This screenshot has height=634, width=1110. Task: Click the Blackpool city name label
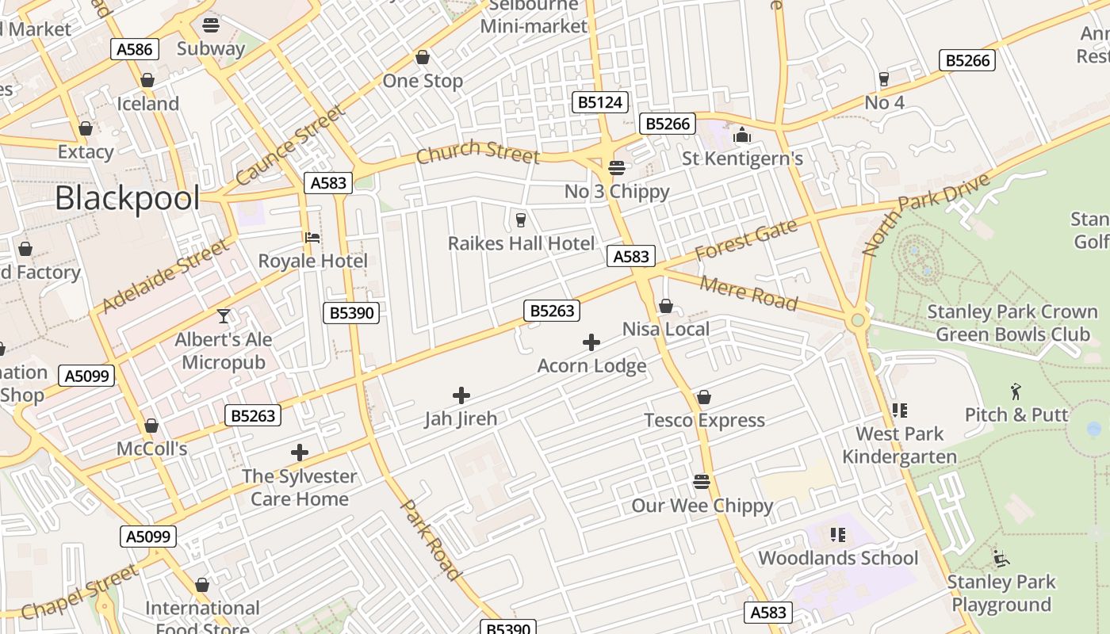click(x=127, y=197)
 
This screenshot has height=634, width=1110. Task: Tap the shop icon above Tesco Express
click(x=703, y=397)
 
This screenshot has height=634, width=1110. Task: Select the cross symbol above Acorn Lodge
click(x=591, y=342)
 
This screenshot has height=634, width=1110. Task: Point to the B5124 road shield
click(x=600, y=102)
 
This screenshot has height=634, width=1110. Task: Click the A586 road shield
click(x=134, y=49)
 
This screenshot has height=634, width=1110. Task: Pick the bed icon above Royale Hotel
click(x=312, y=237)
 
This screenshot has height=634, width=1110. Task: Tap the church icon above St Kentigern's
click(x=742, y=136)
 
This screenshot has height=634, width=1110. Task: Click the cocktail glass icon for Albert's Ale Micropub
click(x=224, y=316)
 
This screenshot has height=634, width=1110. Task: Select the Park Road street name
click(x=430, y=540)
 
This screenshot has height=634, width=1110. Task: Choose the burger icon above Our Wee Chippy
click(x=702, y=481)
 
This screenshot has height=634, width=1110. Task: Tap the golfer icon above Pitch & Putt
click(x=1016, y=391)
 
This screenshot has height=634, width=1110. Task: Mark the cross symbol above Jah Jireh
click(x=461, y=395)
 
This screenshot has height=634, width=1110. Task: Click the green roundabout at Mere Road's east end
click(x=856, y=321)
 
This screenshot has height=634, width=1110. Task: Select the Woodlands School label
click(x=838, y=558)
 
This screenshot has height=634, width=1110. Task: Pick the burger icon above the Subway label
click(x=211, y=25)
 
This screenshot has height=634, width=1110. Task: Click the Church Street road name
click(x=477, y=151)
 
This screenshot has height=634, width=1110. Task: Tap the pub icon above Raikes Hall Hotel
click(x=521, y=220)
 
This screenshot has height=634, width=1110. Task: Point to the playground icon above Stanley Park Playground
click(x=1001, y=558)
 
